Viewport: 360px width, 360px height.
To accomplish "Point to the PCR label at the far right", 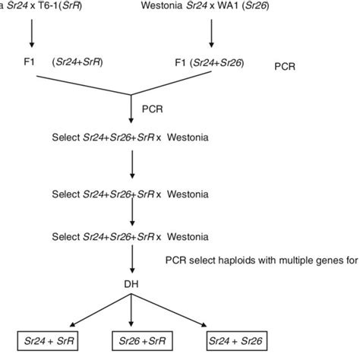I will click(285, 66).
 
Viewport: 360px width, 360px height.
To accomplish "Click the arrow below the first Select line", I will click(133, 163).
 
